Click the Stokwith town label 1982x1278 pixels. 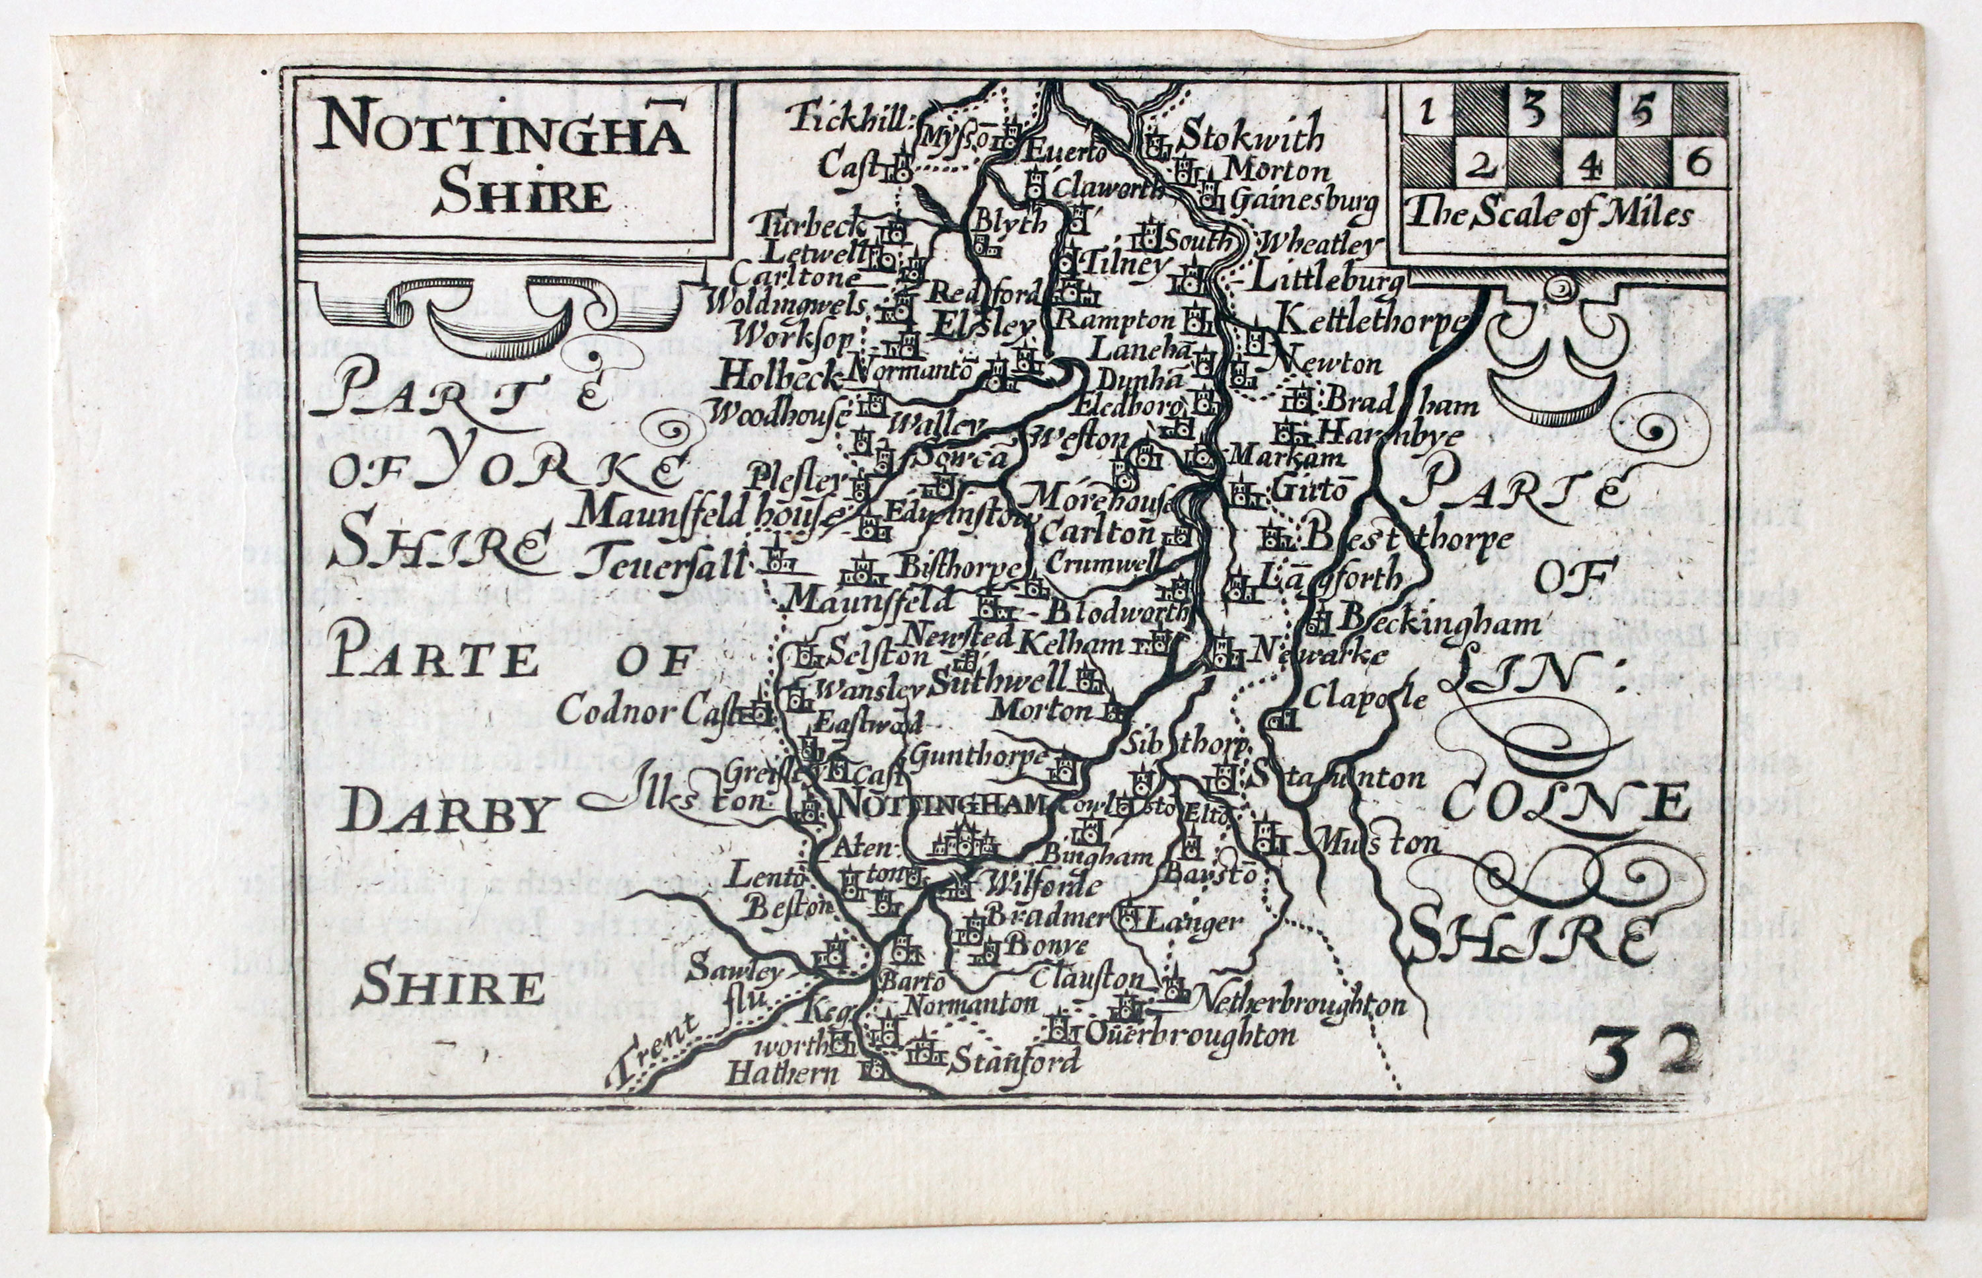1251,135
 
